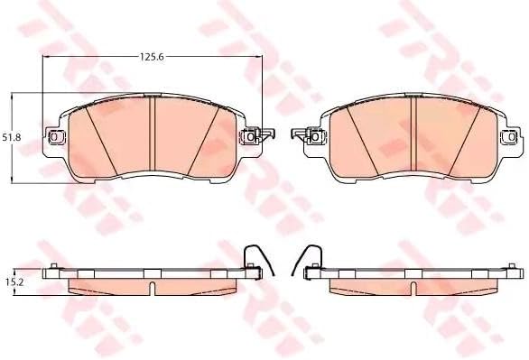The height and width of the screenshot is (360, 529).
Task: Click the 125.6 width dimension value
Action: pos(152,57)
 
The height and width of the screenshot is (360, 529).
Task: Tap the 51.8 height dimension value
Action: pos(12,137)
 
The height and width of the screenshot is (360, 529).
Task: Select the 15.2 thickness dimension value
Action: pos(8,282)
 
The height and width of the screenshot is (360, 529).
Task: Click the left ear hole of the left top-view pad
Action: pos(54,137)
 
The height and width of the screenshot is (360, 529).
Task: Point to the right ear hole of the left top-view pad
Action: pos(250,137)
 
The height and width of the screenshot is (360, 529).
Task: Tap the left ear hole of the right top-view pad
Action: pos(315,137)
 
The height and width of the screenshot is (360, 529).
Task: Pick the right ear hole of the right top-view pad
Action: pos(512,137)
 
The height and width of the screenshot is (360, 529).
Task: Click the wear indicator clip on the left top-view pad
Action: pos(266,134)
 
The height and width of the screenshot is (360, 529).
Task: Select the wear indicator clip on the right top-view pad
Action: pos(299,134)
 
